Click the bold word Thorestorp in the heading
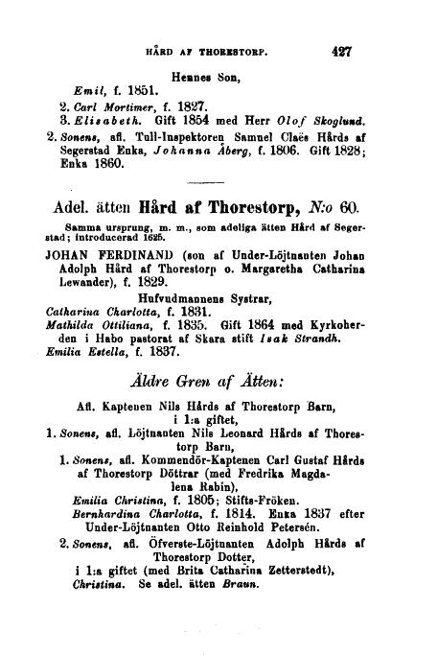pyautogui.click(x=260, y=235)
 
